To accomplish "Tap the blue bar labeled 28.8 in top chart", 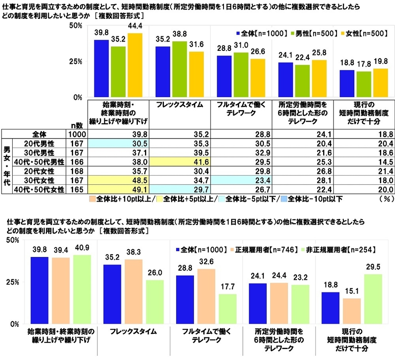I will (x=225, y=76).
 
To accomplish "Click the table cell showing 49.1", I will (x=118, y=190).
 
